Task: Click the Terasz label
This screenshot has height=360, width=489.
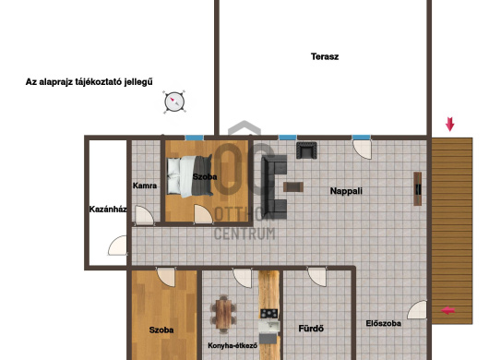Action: (x=325, y=56)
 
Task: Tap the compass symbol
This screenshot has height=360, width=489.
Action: (x=174, y=102)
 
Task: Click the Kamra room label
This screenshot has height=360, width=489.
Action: (x=145, y=186)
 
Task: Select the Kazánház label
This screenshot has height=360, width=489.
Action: (x=108, y=209)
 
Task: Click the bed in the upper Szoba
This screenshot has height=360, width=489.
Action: (x=190, y=176)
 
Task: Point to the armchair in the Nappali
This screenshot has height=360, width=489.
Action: (x=306, y=150)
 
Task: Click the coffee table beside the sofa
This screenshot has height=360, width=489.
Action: (x=293, y=186)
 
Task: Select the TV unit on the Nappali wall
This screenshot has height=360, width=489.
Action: (x=418, y=188)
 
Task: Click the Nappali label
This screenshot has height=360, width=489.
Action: (x=346, y=191)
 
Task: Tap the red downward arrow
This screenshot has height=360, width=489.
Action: (x=449, y=125)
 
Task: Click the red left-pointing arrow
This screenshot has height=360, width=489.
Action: (x=448, y=310)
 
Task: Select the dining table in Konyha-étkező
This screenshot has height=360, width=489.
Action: (x=223, y=314)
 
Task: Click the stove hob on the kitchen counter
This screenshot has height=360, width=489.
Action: (x=268, y=313)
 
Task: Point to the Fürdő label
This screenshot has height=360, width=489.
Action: (x=311, y=329)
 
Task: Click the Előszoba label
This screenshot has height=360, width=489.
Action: (x=383, y=323)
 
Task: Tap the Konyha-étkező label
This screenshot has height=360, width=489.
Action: (x=233, y=345)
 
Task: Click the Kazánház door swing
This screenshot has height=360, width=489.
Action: (x=118, y=246)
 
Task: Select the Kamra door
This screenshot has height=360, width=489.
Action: (x=144, y=215)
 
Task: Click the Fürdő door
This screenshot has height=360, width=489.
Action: (x=316, y=277)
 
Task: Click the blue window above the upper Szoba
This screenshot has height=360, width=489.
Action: (x=194, y=138)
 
